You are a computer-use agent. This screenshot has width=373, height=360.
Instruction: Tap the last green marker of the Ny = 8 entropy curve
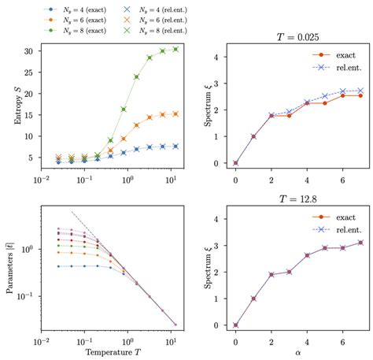[175, 49]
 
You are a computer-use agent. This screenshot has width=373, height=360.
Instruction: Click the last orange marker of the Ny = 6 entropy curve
[175, 113]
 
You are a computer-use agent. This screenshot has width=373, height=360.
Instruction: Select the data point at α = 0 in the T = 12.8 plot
[235, 325]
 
